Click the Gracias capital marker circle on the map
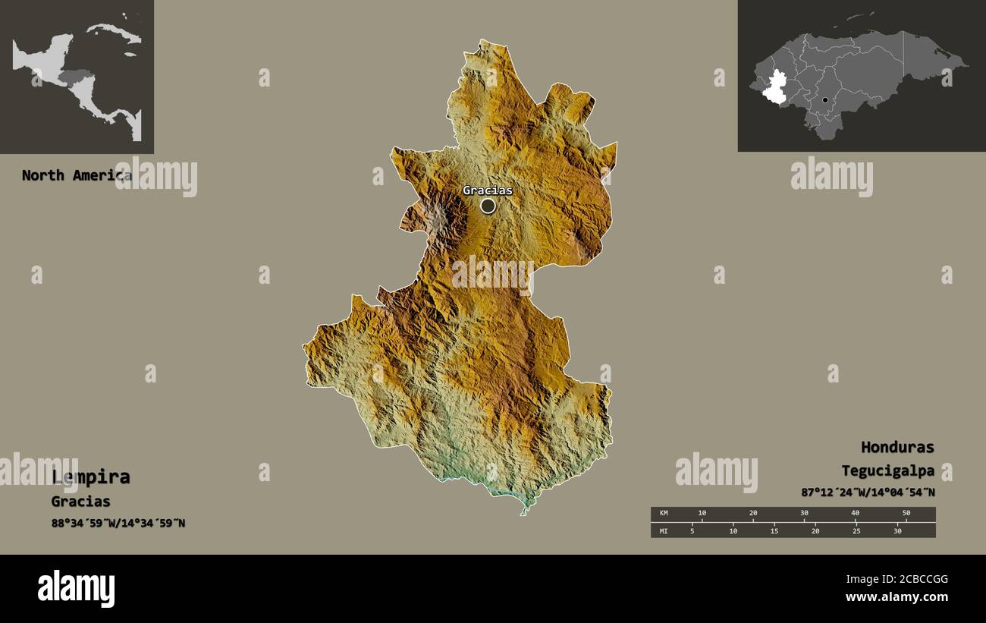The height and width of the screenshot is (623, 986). point(488,206)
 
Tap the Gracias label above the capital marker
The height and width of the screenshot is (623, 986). point(488,190)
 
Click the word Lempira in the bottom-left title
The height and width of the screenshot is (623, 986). point(91,477)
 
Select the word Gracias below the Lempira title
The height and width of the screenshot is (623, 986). point(80,502)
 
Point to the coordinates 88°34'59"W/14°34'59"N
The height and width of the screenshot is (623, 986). point(118,523)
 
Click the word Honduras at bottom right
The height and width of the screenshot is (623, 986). point(897,447)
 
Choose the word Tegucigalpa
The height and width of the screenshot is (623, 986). point(887,470)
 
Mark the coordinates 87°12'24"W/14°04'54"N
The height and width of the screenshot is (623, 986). point(868,492)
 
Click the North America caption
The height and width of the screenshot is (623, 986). point(76,175)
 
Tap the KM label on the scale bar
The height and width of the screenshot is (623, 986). point(664,514)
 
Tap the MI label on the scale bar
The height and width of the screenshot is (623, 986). point(664,530)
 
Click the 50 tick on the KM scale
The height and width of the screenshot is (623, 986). point(906,514)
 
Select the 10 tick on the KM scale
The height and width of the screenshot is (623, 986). point(702,514)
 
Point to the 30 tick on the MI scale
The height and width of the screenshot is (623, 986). point(897,530)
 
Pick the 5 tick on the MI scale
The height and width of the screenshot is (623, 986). point(692,530)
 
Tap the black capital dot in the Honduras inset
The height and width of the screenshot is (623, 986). point(825,100)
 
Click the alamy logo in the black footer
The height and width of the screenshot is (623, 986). point(76,589)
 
